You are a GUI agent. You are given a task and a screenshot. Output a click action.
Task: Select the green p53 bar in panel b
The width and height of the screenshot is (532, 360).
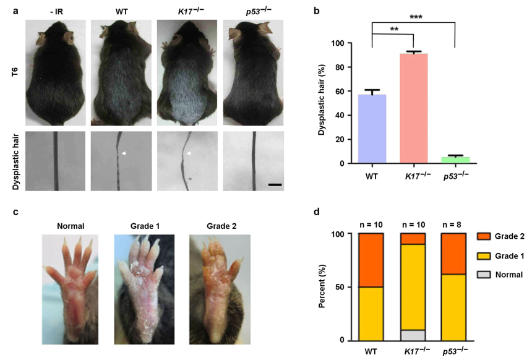(455, 160)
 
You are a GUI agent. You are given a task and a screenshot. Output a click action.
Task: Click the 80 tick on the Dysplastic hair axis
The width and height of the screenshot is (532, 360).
(339, 67)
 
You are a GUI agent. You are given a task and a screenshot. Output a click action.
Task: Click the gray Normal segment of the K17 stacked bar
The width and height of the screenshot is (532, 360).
(414, 335)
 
